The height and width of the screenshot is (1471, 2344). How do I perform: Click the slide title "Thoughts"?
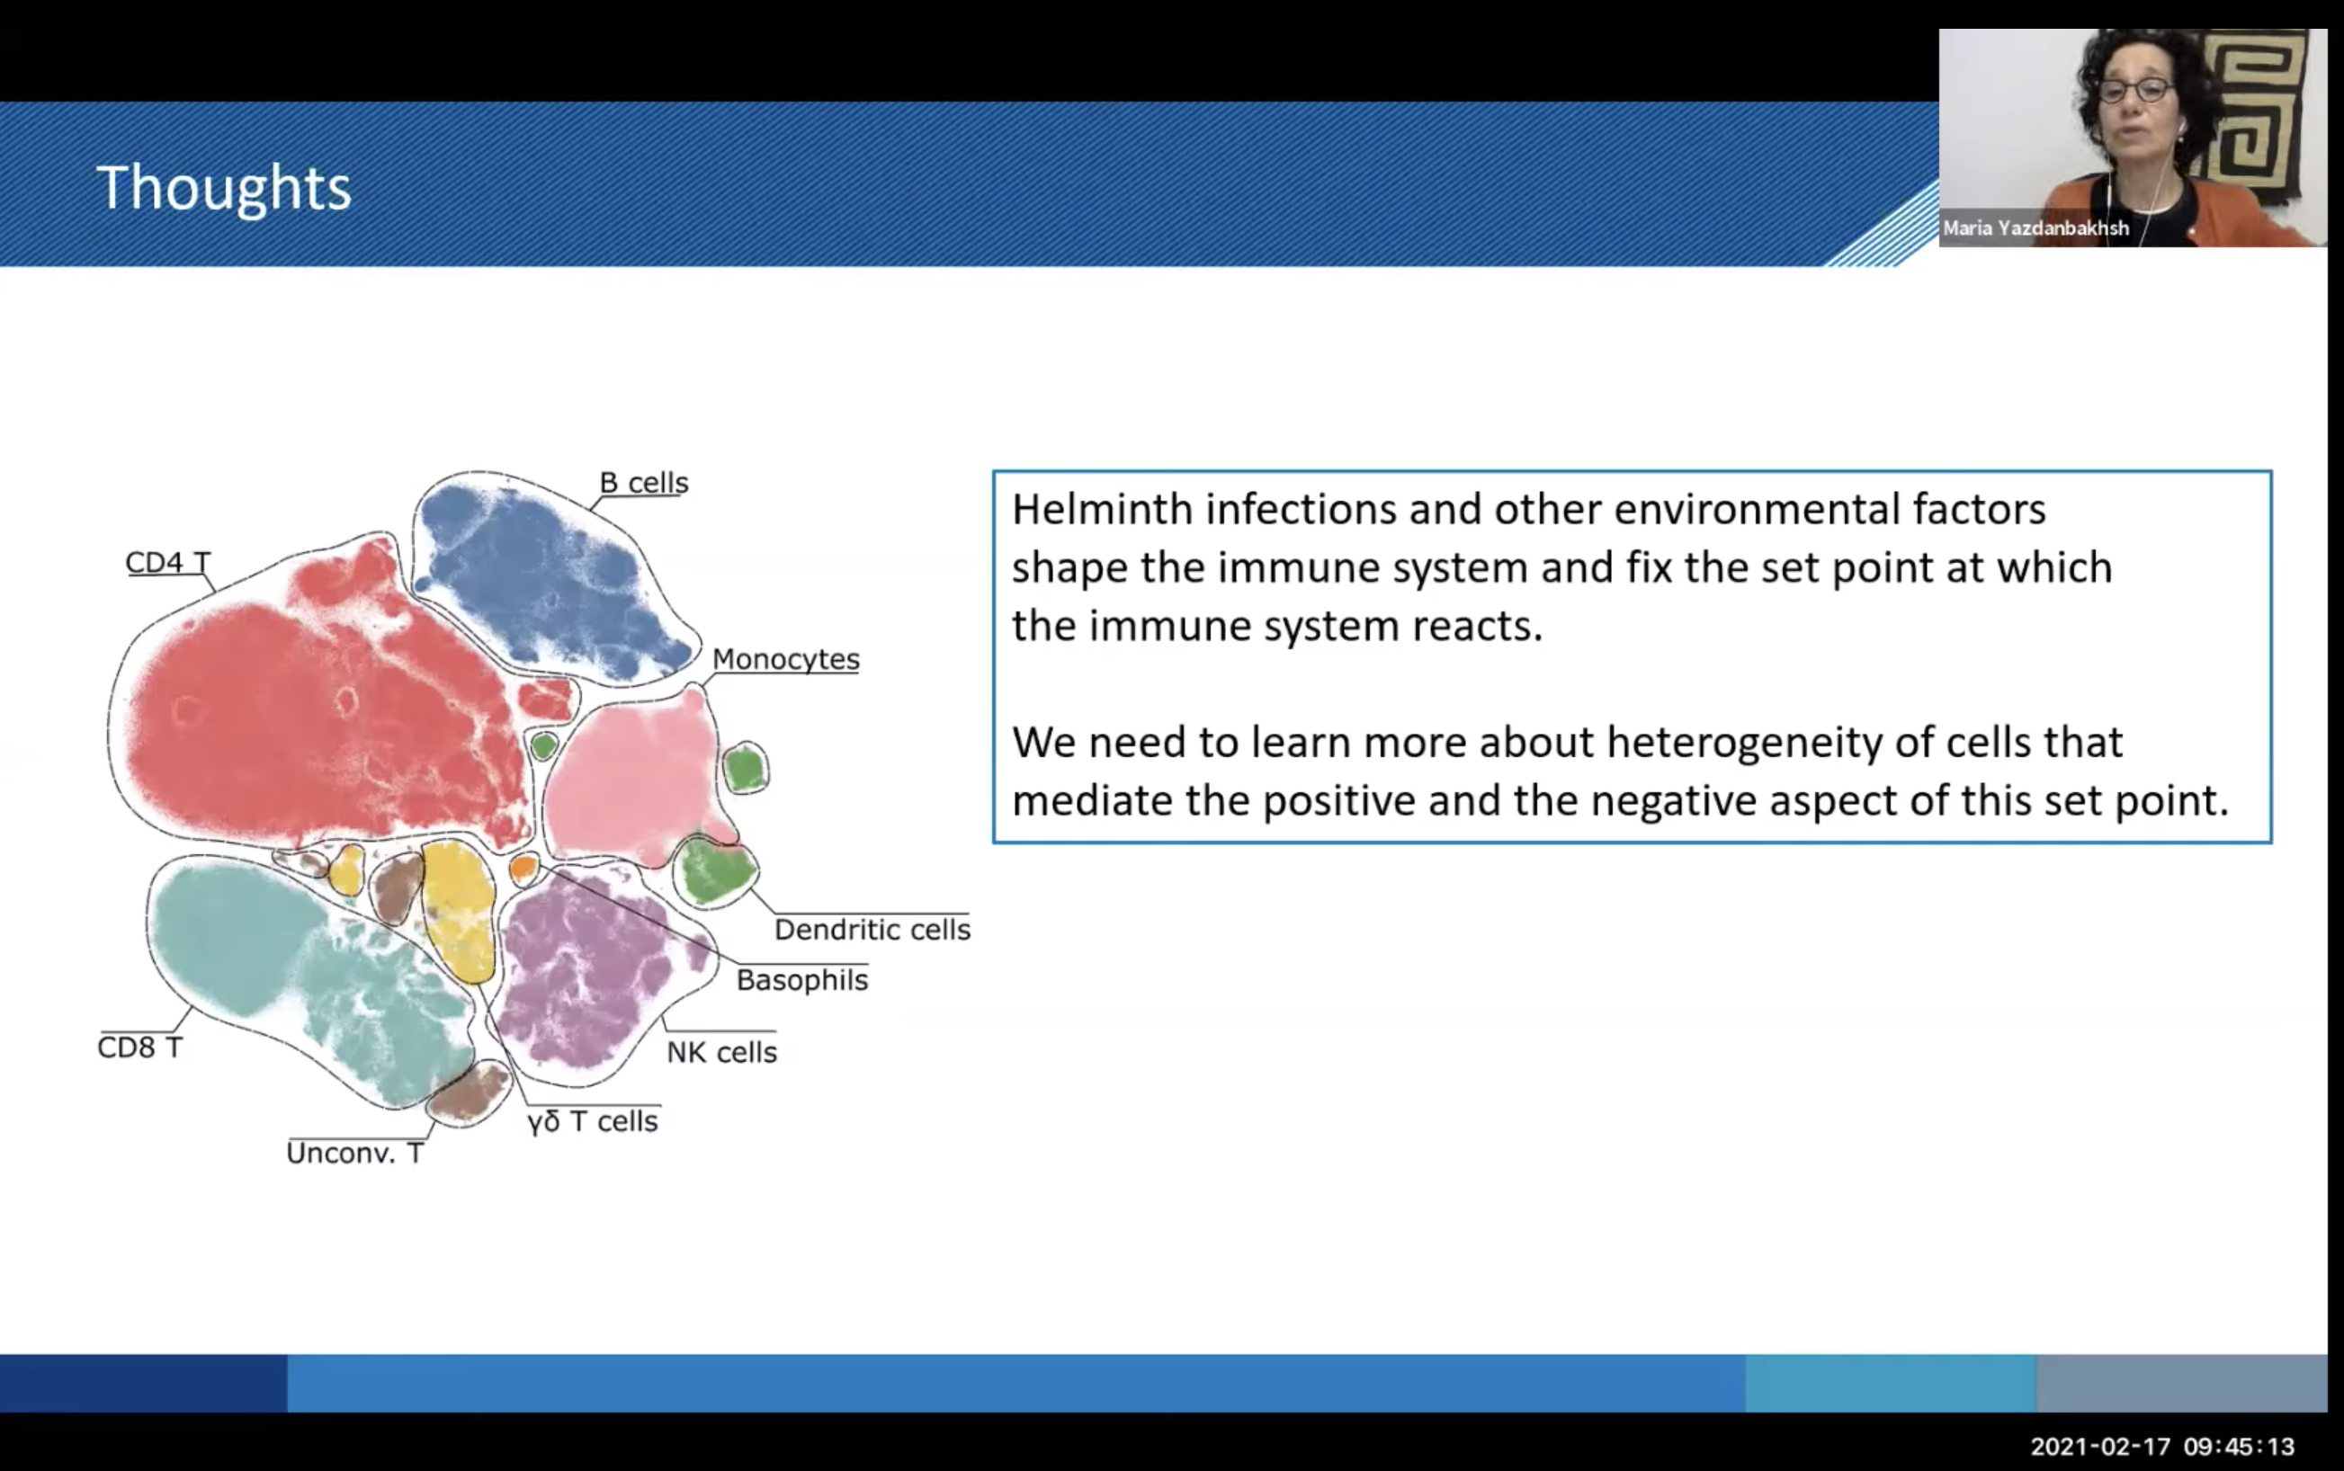point(223,187)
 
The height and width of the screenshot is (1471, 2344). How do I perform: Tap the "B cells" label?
point(643,483)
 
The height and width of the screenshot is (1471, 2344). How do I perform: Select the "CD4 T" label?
point(167,562)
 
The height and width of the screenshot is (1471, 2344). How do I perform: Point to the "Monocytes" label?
point(785,659)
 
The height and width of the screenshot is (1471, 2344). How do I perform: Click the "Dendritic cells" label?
point(872,930)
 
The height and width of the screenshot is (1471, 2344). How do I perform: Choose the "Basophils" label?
point(801,980)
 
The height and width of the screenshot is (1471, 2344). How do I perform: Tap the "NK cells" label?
point(721,1052)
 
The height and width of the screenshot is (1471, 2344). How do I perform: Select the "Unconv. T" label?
point(354,1153)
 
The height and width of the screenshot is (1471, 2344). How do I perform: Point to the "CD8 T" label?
point(139,1047)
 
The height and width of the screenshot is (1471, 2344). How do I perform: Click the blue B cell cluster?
point(550,580)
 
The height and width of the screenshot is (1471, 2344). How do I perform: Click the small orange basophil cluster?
point(523,868)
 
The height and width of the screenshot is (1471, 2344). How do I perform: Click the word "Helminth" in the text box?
point(1102,509)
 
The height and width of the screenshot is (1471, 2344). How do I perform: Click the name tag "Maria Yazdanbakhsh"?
point(2035,228)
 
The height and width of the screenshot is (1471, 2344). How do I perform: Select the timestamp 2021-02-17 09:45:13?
point(2162,1447)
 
